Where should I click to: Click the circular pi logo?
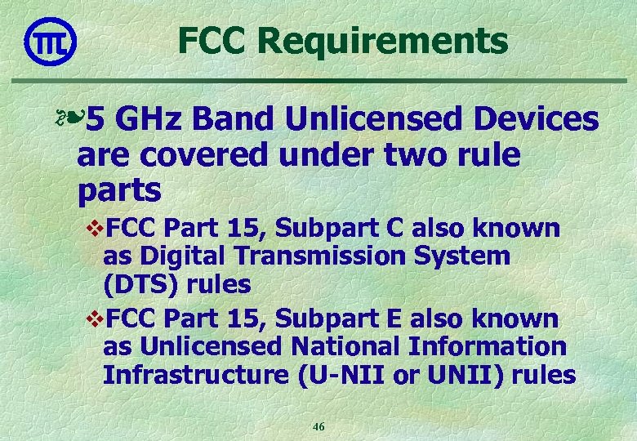(51, 40)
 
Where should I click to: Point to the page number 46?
(318, 427)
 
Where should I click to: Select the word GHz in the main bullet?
(156, 120)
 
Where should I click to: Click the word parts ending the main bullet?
(119, 190)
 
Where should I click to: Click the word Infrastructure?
(194, 376)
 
